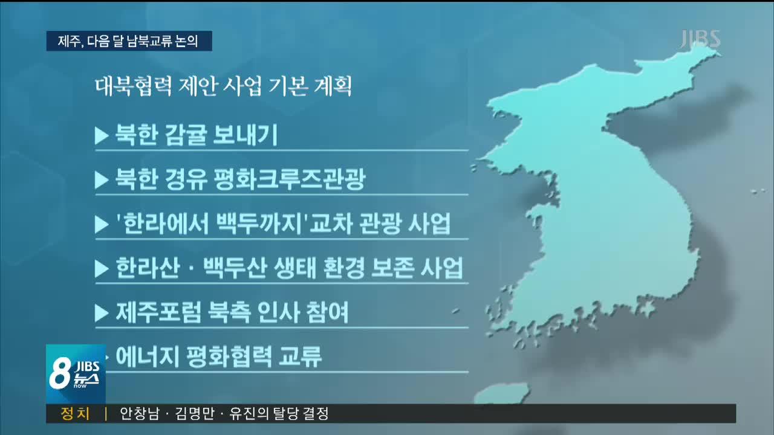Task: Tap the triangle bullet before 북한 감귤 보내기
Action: [x=101, y=136]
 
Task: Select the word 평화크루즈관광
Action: [x=289, y=179]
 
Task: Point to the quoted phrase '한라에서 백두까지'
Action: [x=212, y=224]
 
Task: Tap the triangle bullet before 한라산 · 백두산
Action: [x=101, y=268]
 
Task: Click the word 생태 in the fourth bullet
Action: [x=295, y=268]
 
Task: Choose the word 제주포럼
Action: [x=158, y=312]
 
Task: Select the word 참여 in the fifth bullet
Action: [x=328, y=312]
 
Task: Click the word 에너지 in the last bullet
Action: [x=146, y=356]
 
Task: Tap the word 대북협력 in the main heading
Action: [x=133, y=86]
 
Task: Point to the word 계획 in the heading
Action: [x=333, y=86]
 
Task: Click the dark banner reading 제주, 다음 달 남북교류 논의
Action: [x=129, y=41]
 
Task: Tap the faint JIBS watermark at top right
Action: [x=700, y=39]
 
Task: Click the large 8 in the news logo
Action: [x=60, y=373]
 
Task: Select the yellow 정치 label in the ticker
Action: [x=75, y=413]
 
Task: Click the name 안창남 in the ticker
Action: [x=140, y=413]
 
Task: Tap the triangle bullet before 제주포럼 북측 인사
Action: [x=101, y=313]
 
